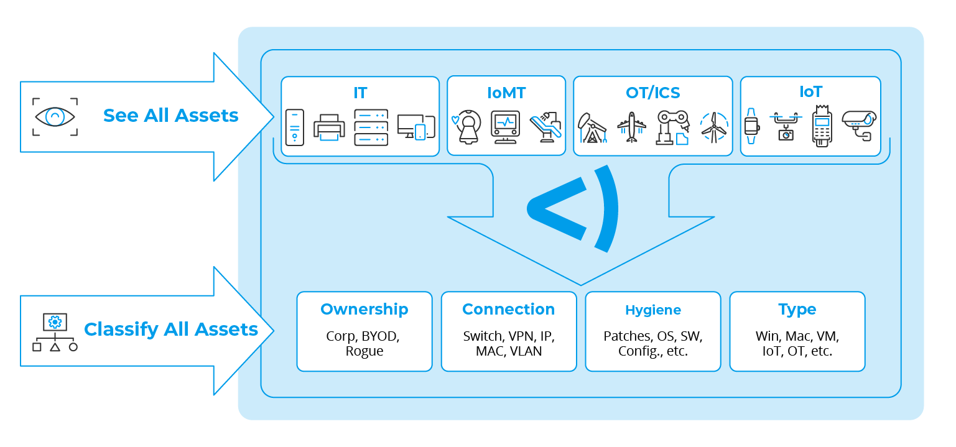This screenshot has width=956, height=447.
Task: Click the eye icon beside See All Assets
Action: pyautogui.click(x=55, y=116)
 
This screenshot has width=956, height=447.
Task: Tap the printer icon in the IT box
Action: pyautogui.click(x=329, y=127)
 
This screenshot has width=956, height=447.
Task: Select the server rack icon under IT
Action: pyautogui.click(x=371, y=127)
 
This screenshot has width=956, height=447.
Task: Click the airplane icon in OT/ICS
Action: pyautogui.click(x=632, y=127)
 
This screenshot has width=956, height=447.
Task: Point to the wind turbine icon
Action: pyautogui.click(x=713, y=127)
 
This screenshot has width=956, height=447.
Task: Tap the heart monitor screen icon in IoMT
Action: pyautogui.click(x=505, y=127)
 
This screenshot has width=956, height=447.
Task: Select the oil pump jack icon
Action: pyautogui.click(x=592, y=128)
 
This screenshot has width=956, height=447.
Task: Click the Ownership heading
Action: pyautogui.click(x=364, y=309)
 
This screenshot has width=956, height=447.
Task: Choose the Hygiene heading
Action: pyautogui.click(x=652, y=310)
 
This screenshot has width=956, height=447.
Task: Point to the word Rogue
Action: pyautogui.click(x=364, y=351)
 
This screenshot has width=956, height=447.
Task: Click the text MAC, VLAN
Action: pyautogui.click(x=508, y=351)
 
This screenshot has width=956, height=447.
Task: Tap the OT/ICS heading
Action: pyautogui.click(x=652, y=93)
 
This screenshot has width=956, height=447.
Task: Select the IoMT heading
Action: pyautogui.click(x=506, y=93)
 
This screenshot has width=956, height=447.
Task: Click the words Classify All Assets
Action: pyautogui.click(x=171, y=329)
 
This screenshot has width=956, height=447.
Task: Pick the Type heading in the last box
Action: pyautogui.click(x=797, y=309)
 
